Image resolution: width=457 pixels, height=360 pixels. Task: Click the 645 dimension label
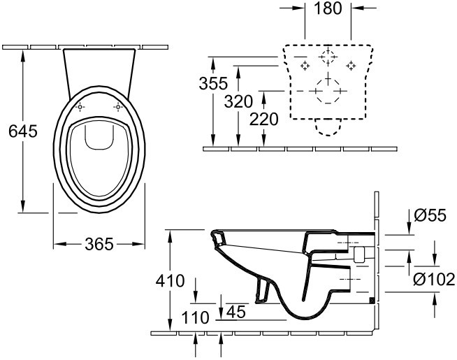[x=23, y=131]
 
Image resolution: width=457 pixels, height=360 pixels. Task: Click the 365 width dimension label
[x=99, y=244]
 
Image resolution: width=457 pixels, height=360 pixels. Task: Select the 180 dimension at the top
[x=328, y=8]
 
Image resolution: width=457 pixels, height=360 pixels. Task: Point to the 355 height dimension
[x=213, y=83]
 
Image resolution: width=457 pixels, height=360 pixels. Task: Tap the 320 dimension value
[x=238, y=102]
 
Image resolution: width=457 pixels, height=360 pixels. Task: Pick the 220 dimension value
[x=263, y=120]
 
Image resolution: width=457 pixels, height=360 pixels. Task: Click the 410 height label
[x=171, y=281]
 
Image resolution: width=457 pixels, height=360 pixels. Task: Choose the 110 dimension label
[x=195, y=317]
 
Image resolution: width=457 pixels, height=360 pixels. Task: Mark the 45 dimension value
[x=236, y=312]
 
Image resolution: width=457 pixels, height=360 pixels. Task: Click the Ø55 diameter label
[x=430, y=216]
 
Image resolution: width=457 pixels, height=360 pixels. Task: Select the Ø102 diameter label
[x=434, y=279]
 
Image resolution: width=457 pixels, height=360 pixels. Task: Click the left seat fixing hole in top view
[x=80, y=107]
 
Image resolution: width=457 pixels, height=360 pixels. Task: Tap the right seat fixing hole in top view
[x=118, y=107]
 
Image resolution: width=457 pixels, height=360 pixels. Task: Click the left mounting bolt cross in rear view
[x=305, y=66]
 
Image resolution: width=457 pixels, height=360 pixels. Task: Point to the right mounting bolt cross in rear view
[x=351, y=66]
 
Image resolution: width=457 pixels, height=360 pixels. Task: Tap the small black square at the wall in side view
[x=372, y=301]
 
